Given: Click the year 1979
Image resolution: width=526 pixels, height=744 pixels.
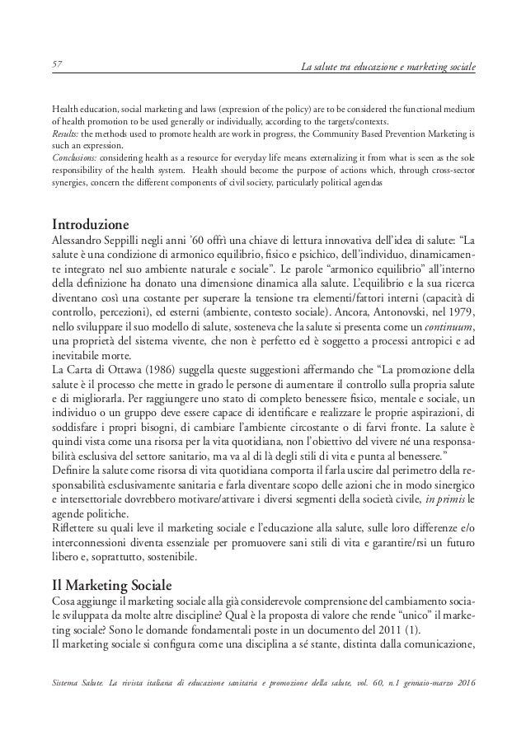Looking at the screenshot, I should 460,313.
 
